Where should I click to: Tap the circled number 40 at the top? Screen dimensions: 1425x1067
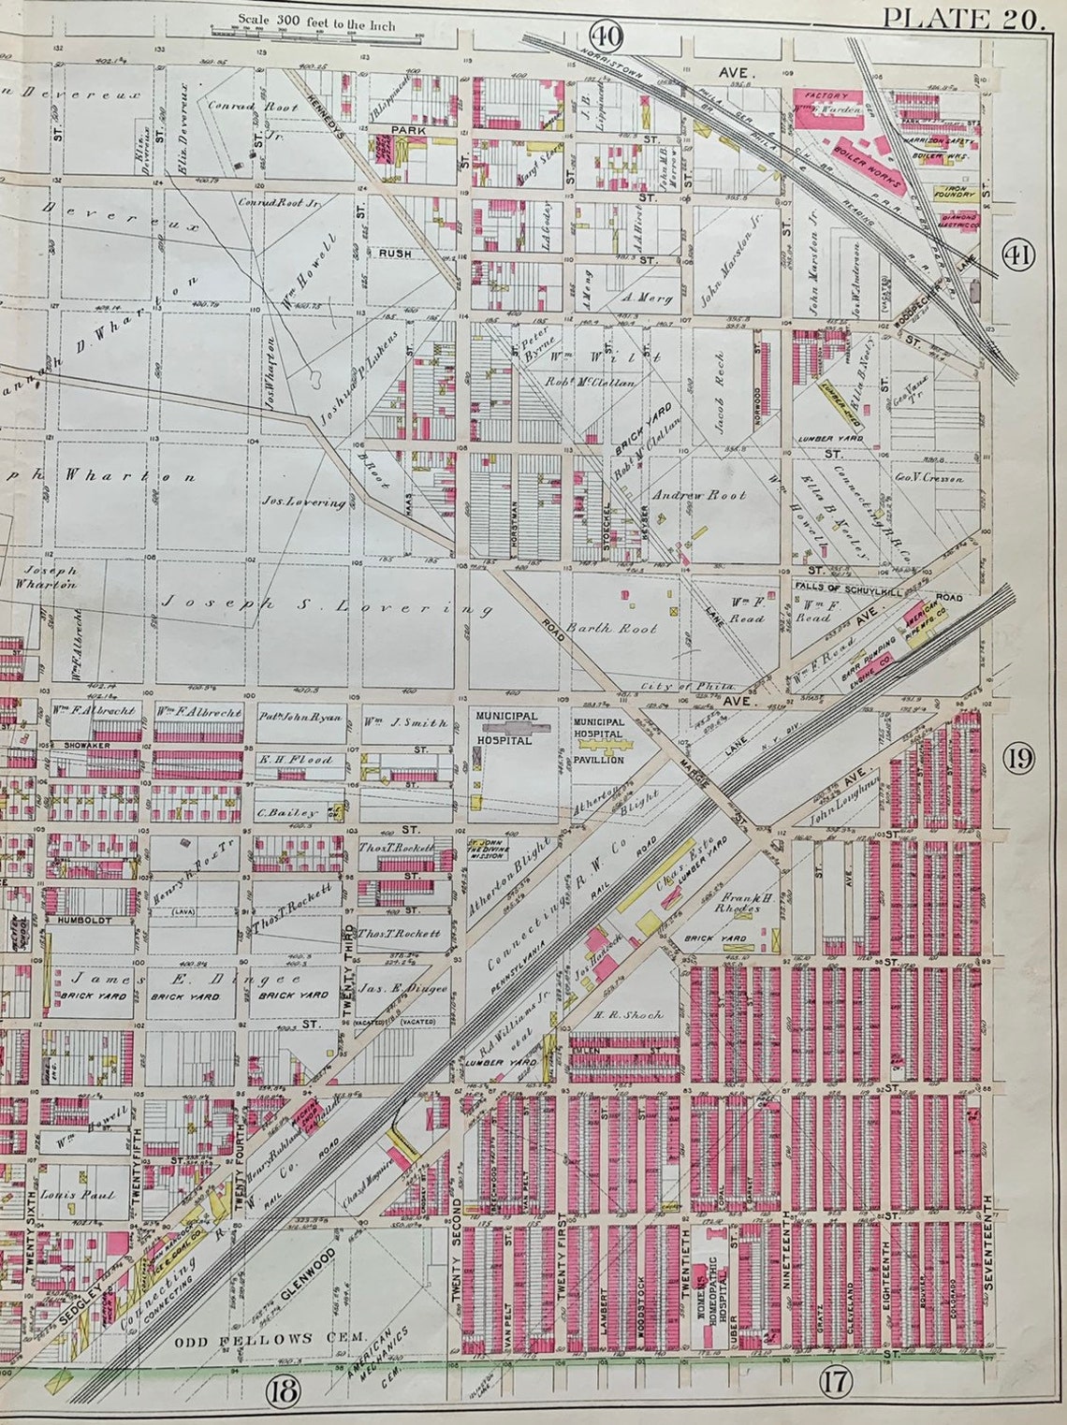click(607, 36)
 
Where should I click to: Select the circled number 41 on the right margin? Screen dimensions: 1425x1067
click(1018, 254)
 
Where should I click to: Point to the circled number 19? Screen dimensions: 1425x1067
click(1017, 759)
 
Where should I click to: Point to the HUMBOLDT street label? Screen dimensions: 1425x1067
click(85, 920)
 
